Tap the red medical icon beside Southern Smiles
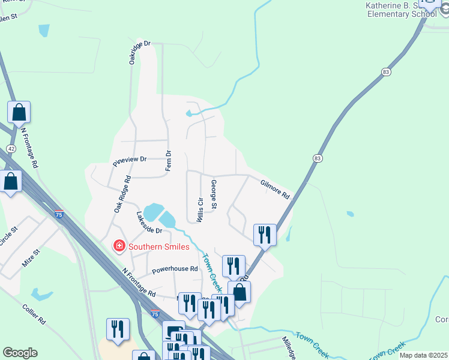click(x=119, y=246)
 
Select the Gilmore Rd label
click(x=275, y=190)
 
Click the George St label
click(x=214, y=193)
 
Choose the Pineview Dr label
click(x=130, y=160)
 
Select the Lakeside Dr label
click(x=149, y=223)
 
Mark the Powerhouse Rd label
click(x=175, y=269)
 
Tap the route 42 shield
click(x=11, y=148)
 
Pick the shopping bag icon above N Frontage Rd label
click(x=19, y=112)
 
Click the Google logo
click(x=20, y=353)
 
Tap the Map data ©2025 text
click(x=422, y=355)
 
